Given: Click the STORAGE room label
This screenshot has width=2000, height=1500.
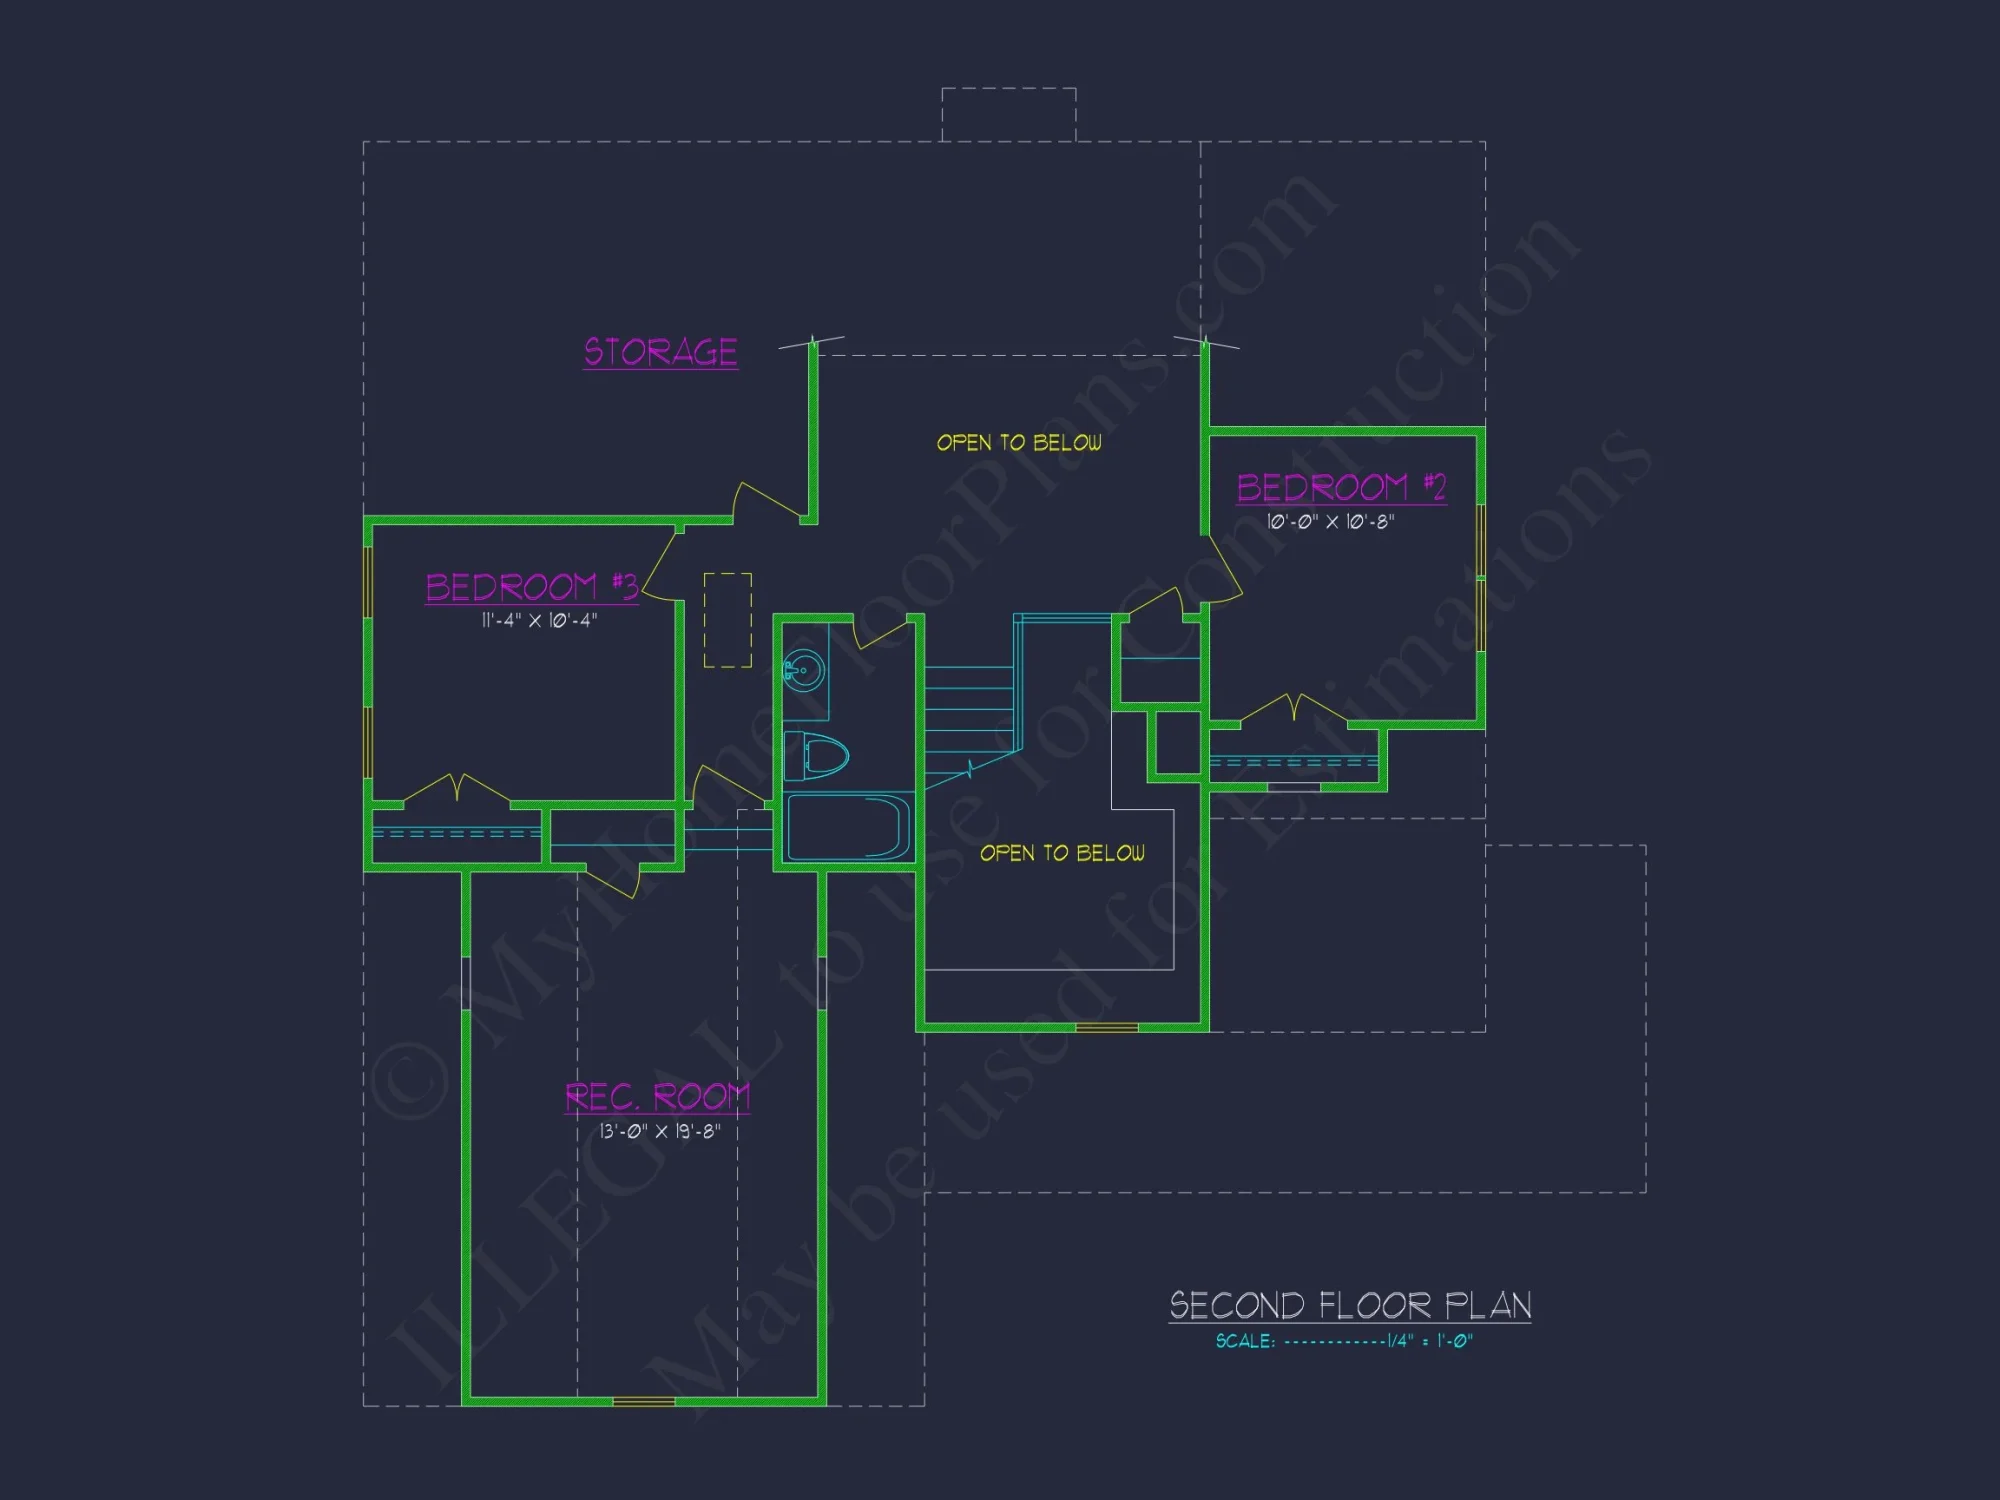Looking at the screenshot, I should pyautogui.click(x=661, y=352).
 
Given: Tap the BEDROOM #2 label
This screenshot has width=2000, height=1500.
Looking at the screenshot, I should pyautogui.click(x=1341, y=488).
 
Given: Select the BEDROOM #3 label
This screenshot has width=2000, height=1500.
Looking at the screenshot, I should pyautogui.click(x=531, y=587).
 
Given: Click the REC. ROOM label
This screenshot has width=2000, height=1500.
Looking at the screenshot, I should pyautogui.click(x=657, y=1097).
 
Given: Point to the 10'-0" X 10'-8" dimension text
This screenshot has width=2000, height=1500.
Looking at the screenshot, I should pyautogui.click(x=1330, y=522).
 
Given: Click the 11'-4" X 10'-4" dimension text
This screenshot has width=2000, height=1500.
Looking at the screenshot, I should pyautogui.click(x=539, y=621).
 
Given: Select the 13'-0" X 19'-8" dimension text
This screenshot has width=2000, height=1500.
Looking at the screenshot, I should pyautogui.click(x=660, y=1132).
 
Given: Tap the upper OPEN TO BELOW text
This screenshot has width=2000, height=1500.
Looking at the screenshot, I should pyautogui.click(x=1019, y=443).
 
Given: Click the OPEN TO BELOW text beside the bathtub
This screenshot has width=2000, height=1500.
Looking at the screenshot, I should pyautogui.click(x=1062, y=853).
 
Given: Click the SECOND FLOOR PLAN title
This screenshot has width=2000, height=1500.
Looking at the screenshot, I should pyautogui.click(x=1350, y=1306).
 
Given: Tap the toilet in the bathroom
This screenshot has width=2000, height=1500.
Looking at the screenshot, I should pyautogui.click(x=817, y=755).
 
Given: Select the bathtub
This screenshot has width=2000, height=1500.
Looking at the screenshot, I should pyautogui.click(x=848, y=827).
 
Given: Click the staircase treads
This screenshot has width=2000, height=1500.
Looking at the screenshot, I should pyautogui.click(x=968, y=710).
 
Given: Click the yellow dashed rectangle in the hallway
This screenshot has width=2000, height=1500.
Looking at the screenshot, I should pyautogui.click(x=728, y=620).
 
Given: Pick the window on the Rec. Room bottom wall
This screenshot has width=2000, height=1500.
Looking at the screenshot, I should pyautogui.click(x=643, y=1402).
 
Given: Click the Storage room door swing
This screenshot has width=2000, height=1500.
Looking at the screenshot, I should pyautogui.click(x=768, y=500).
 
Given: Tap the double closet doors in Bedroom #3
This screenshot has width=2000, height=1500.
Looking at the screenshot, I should pyautogui.click(x=457, y=788).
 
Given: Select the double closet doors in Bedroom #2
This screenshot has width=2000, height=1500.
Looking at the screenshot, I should pyautogui.click(x=1294, y=707).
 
